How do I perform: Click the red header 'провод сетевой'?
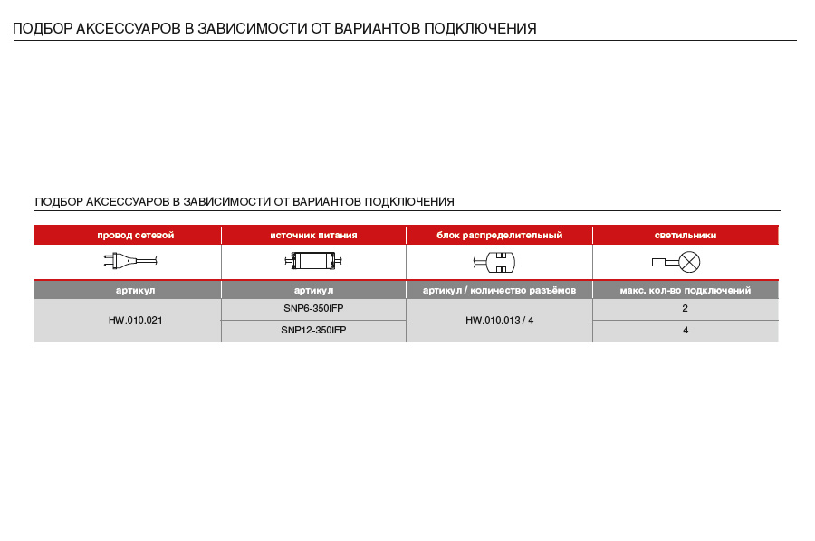[x=135, y=235]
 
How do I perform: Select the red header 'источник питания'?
[x=313, y=235]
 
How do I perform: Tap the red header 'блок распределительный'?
[x=499, y=235]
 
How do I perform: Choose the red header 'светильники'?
[x=686, y=235]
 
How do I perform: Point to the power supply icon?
[x=313, y=262]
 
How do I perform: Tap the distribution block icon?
[x=494, y=263]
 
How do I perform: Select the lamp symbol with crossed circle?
[x=690, y=263]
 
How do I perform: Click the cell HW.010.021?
[x=135, y=320]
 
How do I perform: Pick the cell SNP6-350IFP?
[x=313, y=308]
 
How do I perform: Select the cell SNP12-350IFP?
[x=313, y=331]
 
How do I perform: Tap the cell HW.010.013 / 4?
[x=499, y=320]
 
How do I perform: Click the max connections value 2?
[x=686, y=308]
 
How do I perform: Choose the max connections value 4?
[x=686, y=331]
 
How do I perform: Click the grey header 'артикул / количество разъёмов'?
[x=499, y=290]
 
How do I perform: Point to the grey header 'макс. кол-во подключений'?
[x=686, y=290]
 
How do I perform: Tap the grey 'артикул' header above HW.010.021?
[x=135, y=290]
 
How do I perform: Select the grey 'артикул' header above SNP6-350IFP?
[x=313, y=290]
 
